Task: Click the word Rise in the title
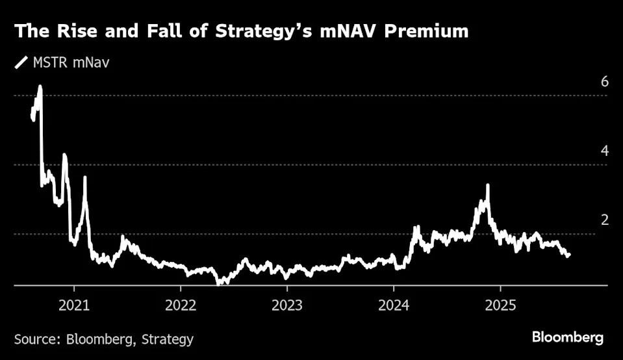click(71, 31)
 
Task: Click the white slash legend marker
click(21, 63)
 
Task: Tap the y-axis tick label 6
click(604, 82)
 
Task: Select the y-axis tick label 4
click(604, 151)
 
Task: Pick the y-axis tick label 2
click(604, 220)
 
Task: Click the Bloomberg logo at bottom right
click(567, 338)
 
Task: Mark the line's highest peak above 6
click(40, 86)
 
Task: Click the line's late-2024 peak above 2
click(487, 185)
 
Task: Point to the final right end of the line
click(569, 254)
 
